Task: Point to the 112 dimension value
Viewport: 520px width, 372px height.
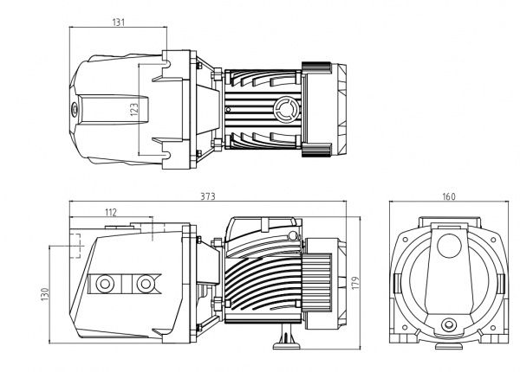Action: pos(110,212)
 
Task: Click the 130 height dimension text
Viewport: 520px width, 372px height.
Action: pos(43,295)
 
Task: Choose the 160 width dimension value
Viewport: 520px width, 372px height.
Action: pos(448,197)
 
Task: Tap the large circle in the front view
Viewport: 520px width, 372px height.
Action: pos(448,246)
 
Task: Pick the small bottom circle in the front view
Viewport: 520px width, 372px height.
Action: pos(448,327)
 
